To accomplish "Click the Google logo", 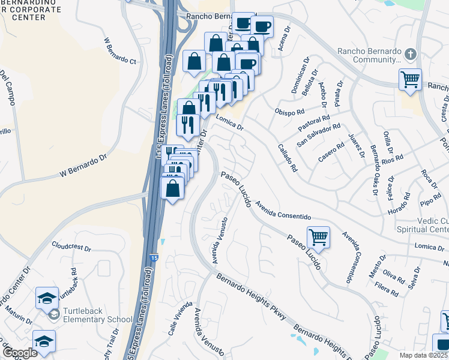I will point(19,353).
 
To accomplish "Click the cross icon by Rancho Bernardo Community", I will point(411,55).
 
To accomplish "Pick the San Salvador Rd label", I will point(319,136).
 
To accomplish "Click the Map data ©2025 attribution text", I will point(424,355).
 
